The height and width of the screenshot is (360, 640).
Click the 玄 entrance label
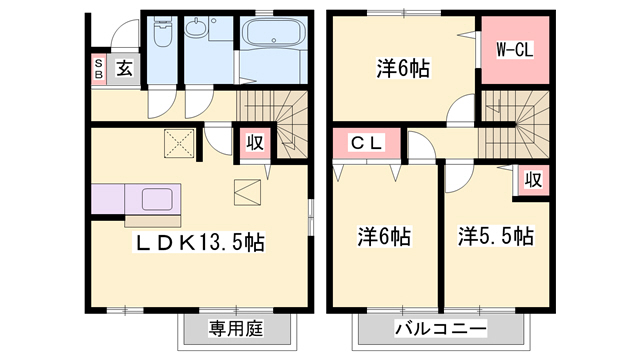pyautogui.click(x=124, y=68)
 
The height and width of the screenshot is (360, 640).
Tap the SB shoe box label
pyautogui.click(x=99, y=68)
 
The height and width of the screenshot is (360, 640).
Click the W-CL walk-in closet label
pyautogui.click(x=515, y=47)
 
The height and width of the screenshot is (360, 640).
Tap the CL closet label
pyautogui.click(x=366, y=144)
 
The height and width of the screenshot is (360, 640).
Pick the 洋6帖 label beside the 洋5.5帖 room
pyautogui.click(x=385, y=237)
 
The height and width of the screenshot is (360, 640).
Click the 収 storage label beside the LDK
pyautogui.click(x=254, y=143)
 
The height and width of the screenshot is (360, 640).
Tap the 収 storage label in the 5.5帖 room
pyautogui.click(x=534, y=180)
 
